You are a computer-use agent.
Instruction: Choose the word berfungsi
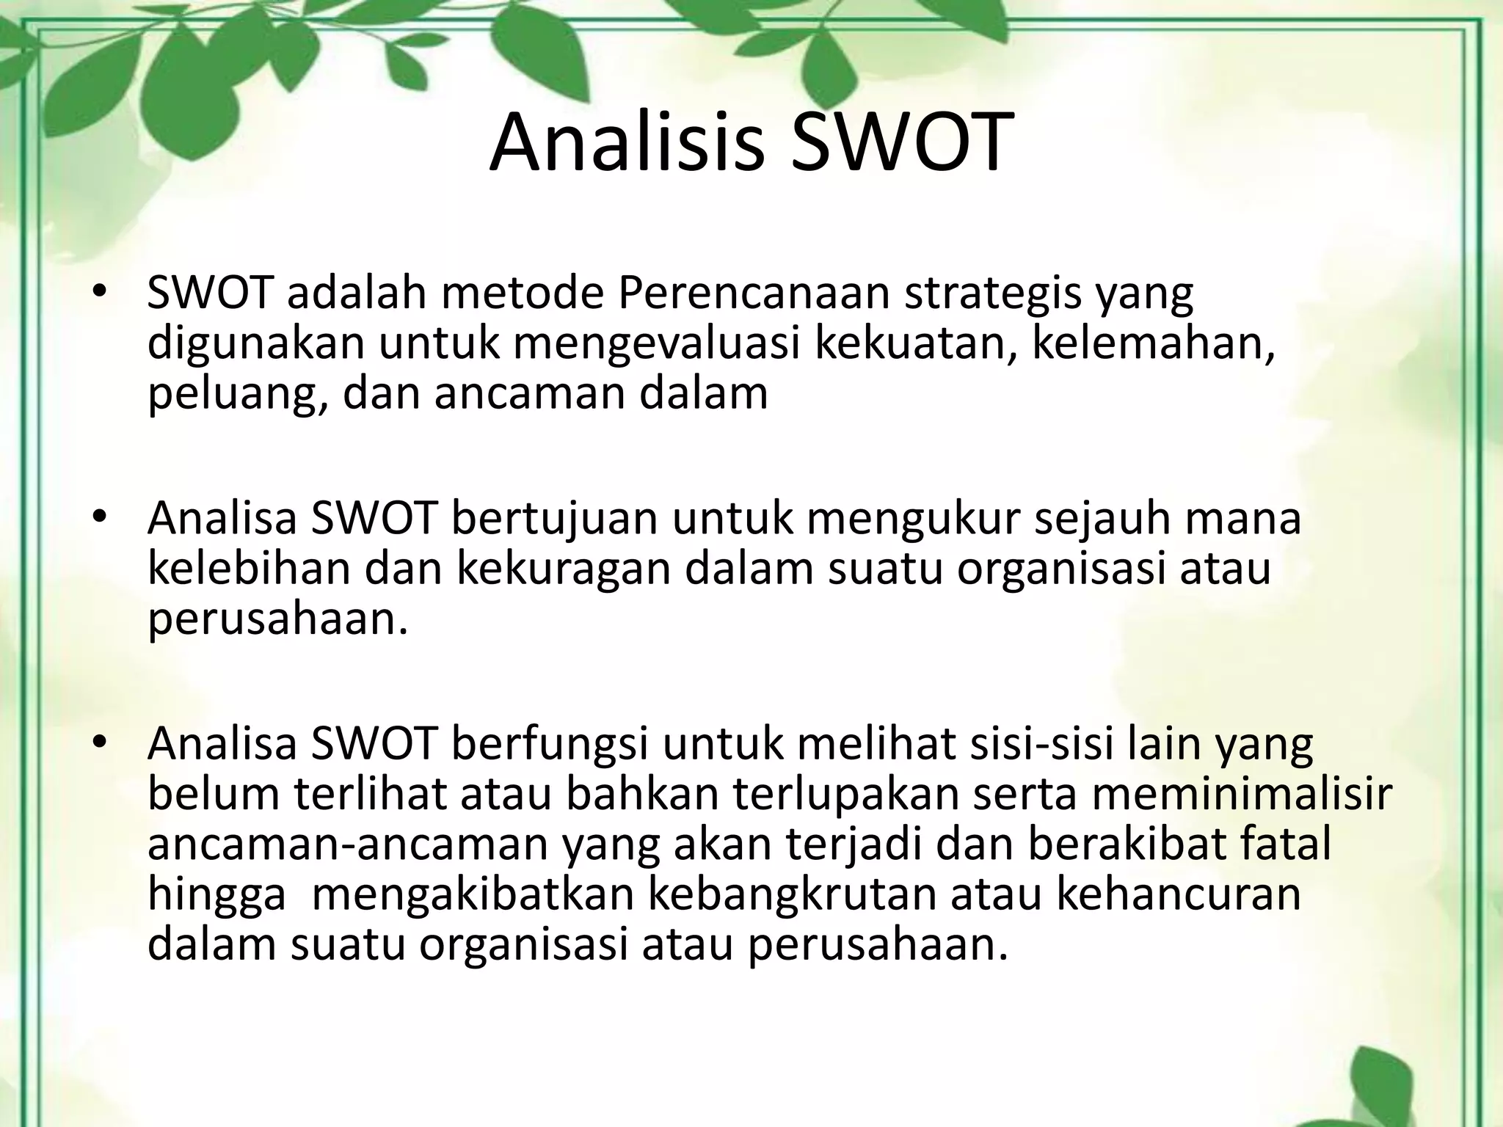[x=550, y=744]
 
